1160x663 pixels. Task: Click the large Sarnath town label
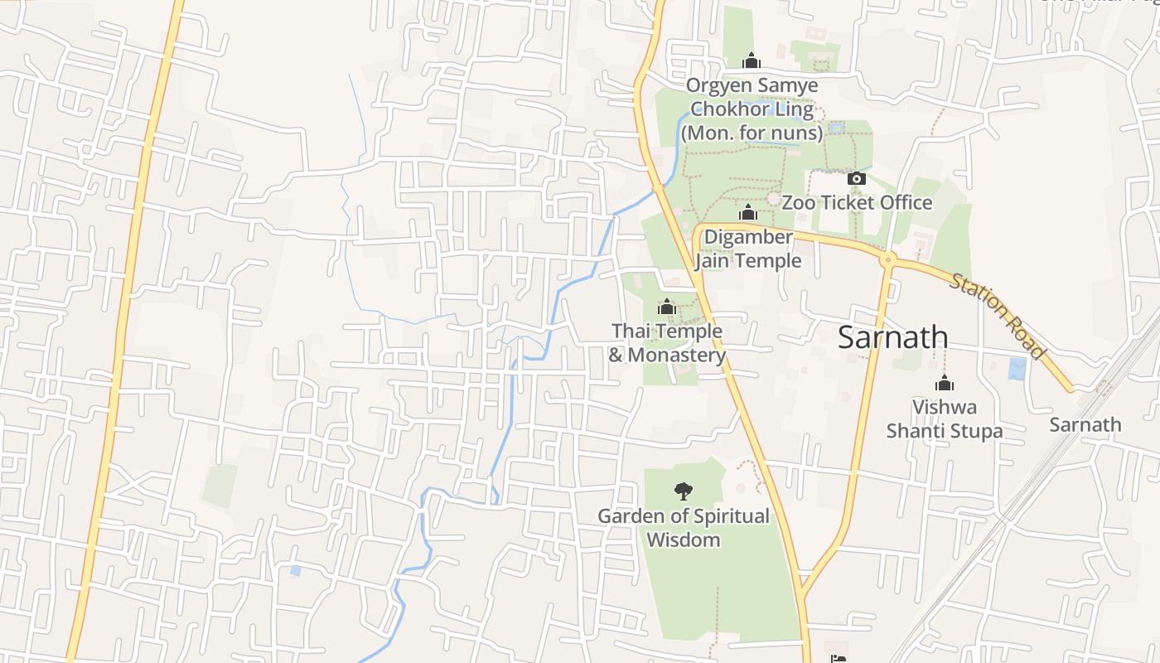(892, 337)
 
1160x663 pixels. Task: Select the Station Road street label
(998, 317)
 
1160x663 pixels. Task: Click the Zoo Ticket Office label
(857, 202)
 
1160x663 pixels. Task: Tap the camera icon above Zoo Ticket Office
(857, 178)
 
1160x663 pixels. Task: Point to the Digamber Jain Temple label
(748, 249)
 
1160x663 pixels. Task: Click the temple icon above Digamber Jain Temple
(748, 213)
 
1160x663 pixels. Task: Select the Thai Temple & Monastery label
(667, 343)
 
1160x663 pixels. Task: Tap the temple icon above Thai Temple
(667, 307)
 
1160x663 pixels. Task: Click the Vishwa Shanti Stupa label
(945, 419)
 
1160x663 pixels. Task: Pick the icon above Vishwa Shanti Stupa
(945, 383)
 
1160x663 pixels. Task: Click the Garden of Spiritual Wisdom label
(684, 528)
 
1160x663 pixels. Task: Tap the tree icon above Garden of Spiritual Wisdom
(684, 491)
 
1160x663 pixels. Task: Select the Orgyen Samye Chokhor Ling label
(752, 97)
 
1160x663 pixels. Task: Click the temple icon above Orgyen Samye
(752, 60)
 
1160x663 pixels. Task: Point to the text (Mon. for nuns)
(752, 133)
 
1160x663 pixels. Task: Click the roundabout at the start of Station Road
(888, 259)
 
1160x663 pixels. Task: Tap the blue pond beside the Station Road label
(1017, 369)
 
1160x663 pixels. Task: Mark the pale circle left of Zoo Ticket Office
(773, 199)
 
